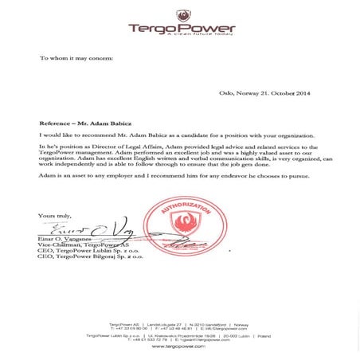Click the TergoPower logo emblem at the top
(x=187, y=14)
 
